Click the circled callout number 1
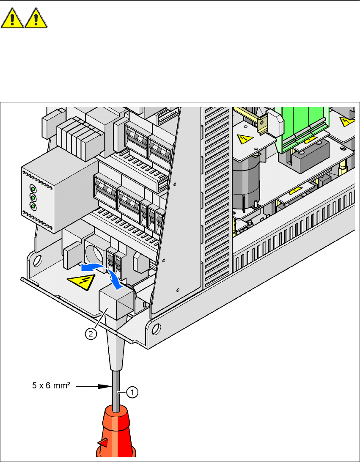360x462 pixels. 132,392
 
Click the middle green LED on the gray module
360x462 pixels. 32,198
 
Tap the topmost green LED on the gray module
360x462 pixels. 32,189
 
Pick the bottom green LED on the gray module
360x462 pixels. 32,206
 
